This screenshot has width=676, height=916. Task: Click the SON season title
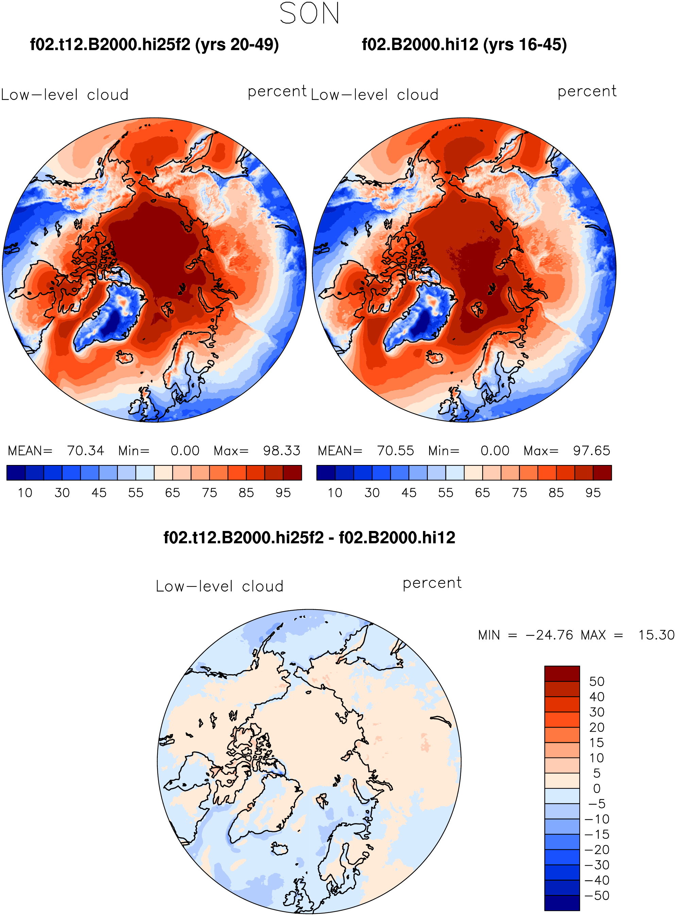click(309, 13)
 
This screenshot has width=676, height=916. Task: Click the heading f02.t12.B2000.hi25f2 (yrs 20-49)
click(154, 45)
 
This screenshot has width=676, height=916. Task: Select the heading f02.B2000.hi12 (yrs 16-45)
click(464, 45)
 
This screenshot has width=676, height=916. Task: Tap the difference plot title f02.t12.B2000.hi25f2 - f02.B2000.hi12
click(309, 537)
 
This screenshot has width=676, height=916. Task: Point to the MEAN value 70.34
click(86, 451)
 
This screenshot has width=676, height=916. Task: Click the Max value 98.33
click(282, 451)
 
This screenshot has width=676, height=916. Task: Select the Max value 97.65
click(591, 451)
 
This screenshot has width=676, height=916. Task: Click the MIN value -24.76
click(549, 635)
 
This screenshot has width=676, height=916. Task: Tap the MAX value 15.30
click(656, 635)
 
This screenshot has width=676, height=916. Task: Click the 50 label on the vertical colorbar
click(597, 681)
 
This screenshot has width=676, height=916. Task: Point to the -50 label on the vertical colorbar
click(597, 896)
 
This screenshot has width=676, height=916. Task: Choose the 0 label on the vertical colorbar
click(597, 788)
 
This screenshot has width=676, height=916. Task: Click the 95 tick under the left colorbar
click(283, 493)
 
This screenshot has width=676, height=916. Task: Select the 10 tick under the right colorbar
click(335, 493)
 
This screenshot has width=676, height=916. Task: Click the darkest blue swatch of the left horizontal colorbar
click(16, 472)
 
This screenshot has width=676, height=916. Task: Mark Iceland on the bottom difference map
click(280, 848)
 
